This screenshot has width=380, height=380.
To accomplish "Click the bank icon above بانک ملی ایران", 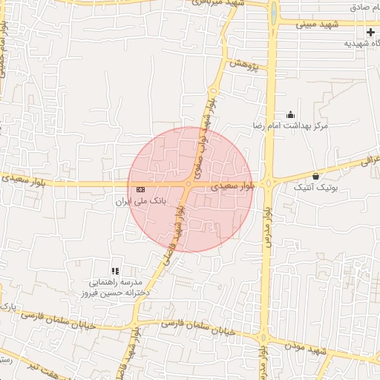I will pos(140,190).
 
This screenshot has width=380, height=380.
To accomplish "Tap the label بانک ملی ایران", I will pos(141,201).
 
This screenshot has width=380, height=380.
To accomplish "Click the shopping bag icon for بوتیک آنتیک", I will pos(317,177).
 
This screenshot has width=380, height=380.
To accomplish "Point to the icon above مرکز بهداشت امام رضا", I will pos(290,115).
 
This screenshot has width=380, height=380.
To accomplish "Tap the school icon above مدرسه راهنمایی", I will pos(114,272).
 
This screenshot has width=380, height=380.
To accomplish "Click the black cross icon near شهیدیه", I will pos(370,33).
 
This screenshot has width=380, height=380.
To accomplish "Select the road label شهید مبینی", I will pos(317,24).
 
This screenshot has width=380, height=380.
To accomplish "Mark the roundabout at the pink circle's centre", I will pos(190,183).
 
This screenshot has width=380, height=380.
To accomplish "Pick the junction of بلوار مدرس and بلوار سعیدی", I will pos(269,183).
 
